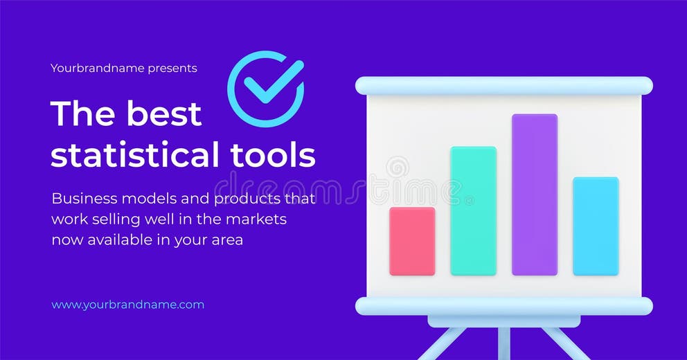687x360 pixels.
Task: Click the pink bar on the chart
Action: (412, 241)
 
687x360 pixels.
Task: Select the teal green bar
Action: (473, 210)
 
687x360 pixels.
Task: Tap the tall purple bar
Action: (534, 195)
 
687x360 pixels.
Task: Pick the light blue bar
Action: (595, 226)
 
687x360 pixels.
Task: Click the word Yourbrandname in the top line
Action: (97, 69)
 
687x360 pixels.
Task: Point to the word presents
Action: (172, 69)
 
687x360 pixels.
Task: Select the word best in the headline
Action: (164, 114)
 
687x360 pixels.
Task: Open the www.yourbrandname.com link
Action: (127, 305)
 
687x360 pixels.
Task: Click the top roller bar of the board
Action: (503, 86)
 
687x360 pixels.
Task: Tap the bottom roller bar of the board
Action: (503, 306)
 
